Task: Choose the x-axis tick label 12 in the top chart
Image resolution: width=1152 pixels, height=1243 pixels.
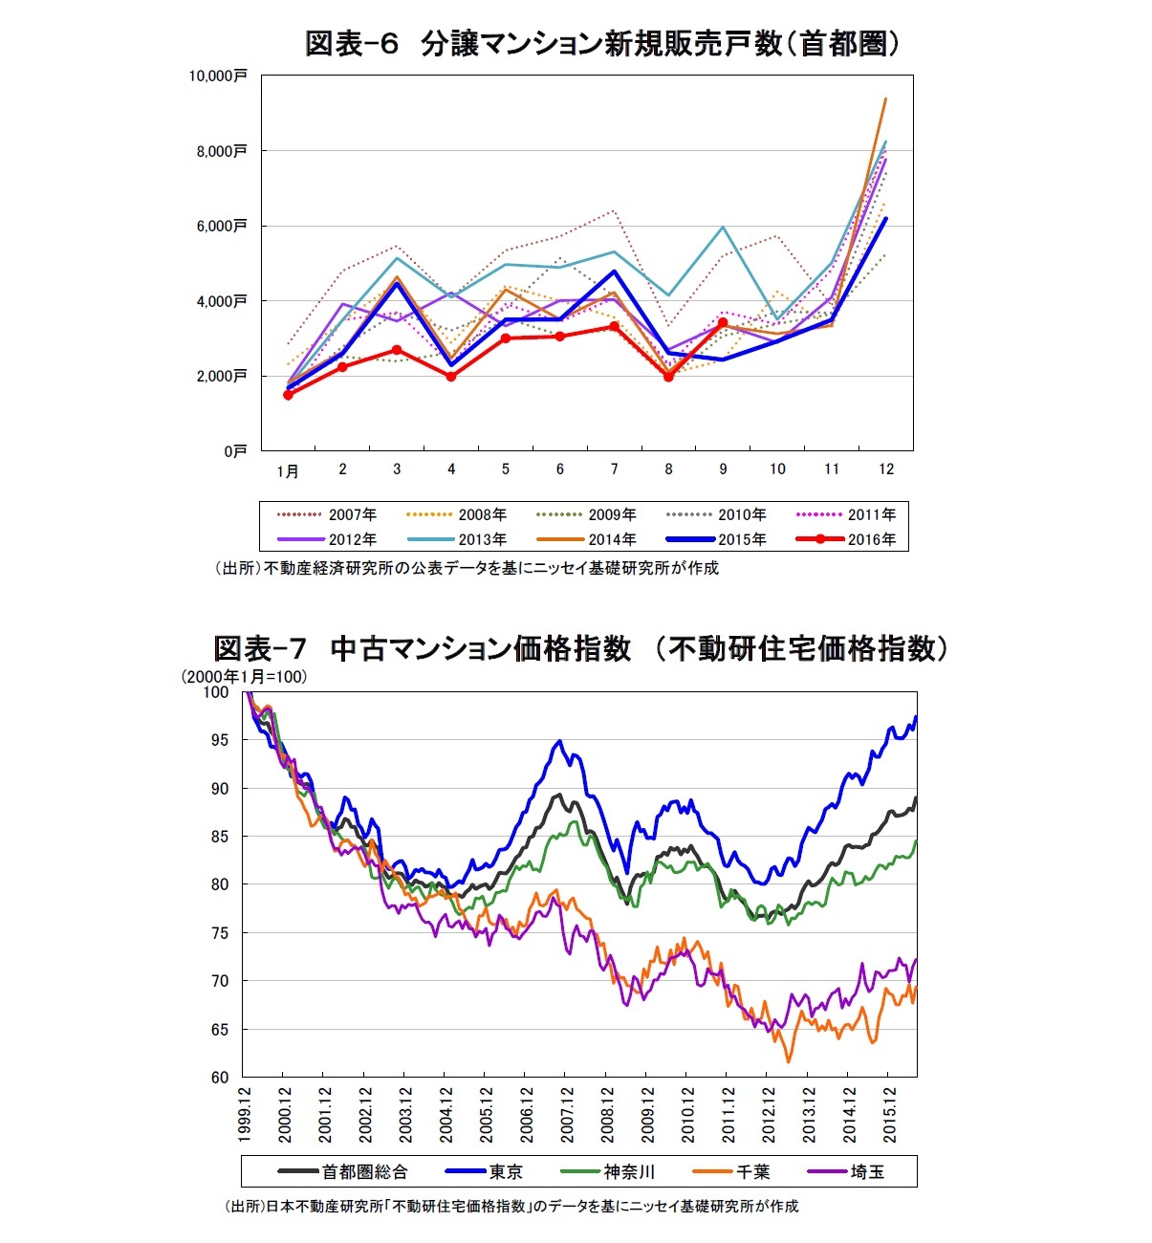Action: tap(886, 469)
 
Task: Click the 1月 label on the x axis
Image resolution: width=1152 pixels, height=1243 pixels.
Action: tap(288, 470)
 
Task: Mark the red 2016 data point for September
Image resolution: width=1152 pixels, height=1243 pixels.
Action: tap(723, 323)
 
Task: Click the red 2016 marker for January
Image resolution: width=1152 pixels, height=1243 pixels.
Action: tap(288, 395)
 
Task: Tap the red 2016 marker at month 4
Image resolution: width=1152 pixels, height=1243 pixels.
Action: tap(451, 377)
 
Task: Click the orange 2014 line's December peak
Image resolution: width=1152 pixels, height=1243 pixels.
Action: tap(886, 98)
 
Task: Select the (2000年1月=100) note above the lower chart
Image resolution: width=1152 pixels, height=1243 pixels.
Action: tap(244, 677)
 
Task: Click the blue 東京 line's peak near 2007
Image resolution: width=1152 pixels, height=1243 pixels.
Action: tap(560, 741)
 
